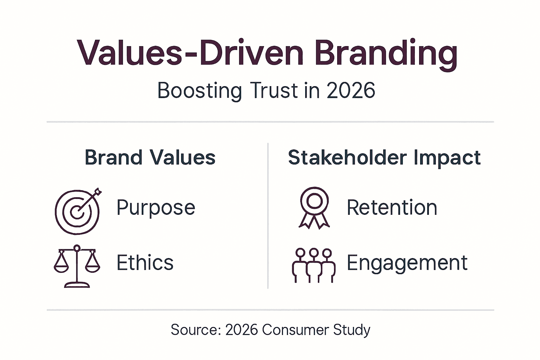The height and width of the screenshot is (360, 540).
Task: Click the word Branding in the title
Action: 386,53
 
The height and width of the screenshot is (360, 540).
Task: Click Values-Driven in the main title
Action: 190,53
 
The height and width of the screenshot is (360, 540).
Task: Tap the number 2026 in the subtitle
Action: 351,91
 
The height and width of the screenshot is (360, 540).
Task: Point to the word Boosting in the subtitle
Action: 199,91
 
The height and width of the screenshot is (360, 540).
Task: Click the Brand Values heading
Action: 150,157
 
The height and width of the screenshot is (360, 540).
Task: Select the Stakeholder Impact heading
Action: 384,157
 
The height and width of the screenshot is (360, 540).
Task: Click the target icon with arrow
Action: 78,211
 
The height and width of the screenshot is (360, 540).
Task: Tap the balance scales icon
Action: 77,266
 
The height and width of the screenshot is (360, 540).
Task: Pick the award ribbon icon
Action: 314,208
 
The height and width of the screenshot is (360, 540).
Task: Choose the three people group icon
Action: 314,265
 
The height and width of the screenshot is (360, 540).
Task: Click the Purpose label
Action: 156,207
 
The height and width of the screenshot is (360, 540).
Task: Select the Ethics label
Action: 145,263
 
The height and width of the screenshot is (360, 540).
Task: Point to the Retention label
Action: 392,207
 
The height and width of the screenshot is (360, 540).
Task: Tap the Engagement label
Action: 407,263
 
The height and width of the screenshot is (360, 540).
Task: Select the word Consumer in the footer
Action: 295,330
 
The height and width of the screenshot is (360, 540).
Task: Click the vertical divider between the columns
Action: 268,216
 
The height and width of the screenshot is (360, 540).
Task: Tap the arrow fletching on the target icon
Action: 98,192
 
